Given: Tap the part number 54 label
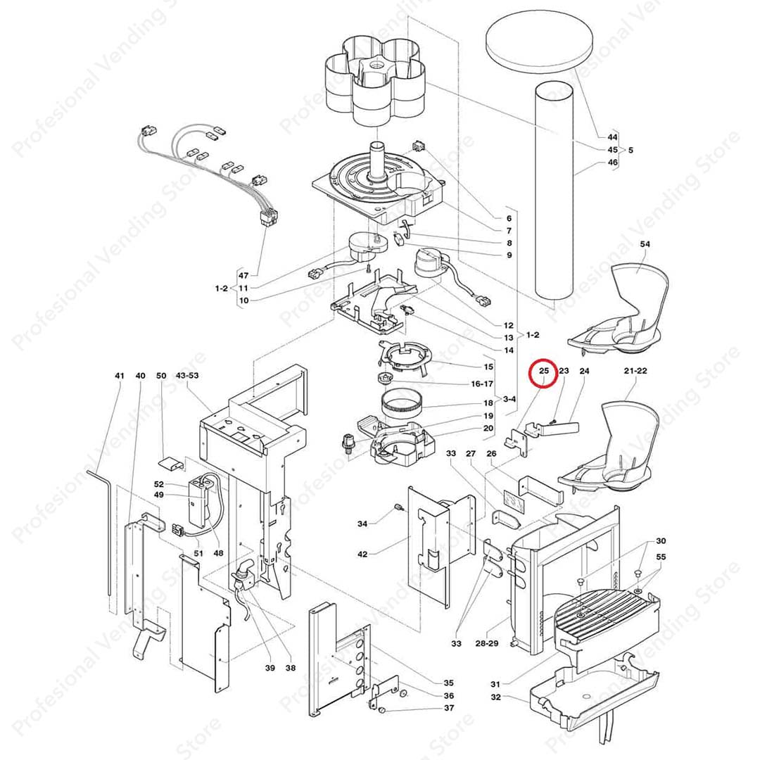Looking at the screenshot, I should click(645, 243).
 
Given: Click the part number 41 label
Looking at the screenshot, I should click(120, 376).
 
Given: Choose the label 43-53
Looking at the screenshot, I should click(187, 376).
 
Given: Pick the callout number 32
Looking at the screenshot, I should click(495, 697).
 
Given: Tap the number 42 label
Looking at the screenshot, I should click(362, 555).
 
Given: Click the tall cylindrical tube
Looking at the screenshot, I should click(555, 190).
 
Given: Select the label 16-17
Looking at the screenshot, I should click(483, 384).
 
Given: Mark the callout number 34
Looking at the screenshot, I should click(362, 524).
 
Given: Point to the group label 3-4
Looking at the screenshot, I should click(509, 400).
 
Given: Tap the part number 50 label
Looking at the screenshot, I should click(161, 376).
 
